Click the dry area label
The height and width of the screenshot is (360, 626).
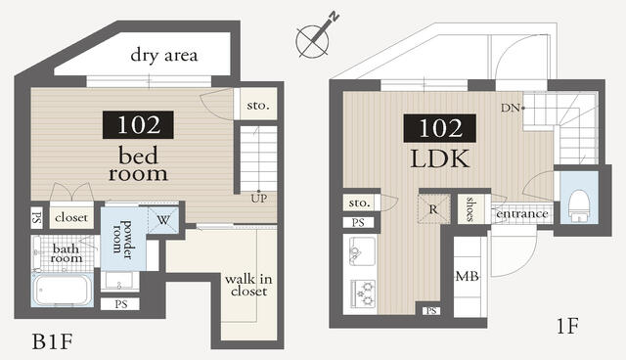coord(164,55)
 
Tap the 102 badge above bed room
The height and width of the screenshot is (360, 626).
coord(138,125)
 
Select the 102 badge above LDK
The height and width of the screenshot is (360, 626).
coord(439,128)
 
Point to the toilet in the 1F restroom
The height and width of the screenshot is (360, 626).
coord(578,205)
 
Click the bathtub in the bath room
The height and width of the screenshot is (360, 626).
coord(62,290)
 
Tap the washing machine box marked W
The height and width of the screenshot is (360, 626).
coord(163,219)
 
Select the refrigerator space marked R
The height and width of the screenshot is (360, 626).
coord(433,208)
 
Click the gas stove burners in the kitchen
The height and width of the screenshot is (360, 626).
coord(363,293)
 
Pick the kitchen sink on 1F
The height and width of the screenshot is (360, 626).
coord(362,251)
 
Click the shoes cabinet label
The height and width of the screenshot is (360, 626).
coord(470,208)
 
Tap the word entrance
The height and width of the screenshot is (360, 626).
coord(521,214)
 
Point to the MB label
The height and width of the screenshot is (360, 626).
coord(468,276)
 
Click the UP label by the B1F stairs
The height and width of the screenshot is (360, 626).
coord(258,199)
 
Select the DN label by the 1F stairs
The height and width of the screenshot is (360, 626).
coord(511,108)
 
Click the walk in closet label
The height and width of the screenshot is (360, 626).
coord(248,285)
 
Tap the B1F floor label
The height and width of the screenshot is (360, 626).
coord(52,341)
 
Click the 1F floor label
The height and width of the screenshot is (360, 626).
coord(567,326)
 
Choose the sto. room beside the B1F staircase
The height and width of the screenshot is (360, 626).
coord(258,104)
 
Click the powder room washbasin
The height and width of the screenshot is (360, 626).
coord(119,281)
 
